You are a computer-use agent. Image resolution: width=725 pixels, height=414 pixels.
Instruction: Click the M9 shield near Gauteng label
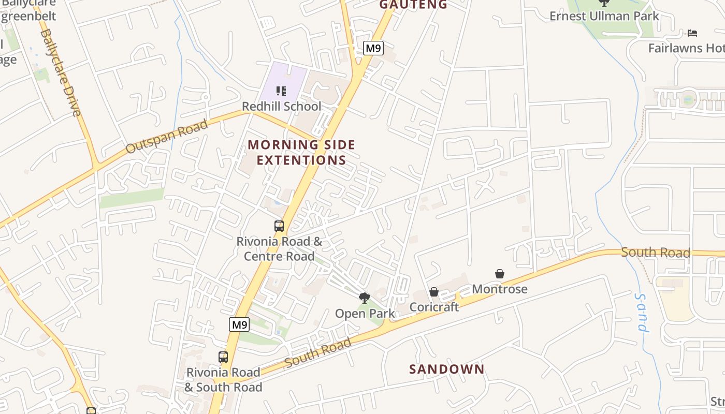click(373, 48)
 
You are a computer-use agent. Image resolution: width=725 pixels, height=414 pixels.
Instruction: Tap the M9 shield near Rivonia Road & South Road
click(239, 324)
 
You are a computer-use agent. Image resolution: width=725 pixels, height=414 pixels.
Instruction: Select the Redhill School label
click(282, 106)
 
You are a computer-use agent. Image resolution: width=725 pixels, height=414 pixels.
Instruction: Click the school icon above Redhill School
click(281, 92)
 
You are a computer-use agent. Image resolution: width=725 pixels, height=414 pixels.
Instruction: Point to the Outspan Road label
click(167, 136)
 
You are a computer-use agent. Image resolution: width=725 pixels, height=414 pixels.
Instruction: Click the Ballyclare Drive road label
click(61, 72)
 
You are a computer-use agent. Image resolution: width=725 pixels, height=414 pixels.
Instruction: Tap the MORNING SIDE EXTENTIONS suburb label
click(301, 152)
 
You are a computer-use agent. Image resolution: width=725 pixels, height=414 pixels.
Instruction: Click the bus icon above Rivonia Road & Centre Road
click(279, 226)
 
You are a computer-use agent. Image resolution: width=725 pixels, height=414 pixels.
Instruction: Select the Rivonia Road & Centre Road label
click(279, 248)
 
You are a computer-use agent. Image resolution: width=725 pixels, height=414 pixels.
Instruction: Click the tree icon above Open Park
click(365, 298)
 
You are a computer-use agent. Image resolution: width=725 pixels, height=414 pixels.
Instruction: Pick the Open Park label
click(365, 313)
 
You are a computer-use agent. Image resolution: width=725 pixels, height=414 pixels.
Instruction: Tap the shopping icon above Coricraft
click(434, 292)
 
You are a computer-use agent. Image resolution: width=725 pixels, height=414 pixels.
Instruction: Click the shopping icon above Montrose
click(500, 274)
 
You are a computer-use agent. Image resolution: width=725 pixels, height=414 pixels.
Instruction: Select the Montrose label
click(499, 289)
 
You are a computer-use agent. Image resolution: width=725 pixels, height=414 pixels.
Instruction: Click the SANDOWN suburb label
click(446, 369)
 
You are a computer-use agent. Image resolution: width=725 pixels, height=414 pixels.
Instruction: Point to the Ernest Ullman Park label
click(604, 16)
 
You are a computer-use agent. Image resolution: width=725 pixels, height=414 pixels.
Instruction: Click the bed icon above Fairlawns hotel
click(692, 33)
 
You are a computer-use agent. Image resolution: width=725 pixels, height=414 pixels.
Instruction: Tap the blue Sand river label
click(642, 313)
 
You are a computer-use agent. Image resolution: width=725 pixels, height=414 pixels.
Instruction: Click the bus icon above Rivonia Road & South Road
click(223, 357)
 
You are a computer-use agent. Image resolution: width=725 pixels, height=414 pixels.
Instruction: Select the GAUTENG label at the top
click(413, 5)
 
